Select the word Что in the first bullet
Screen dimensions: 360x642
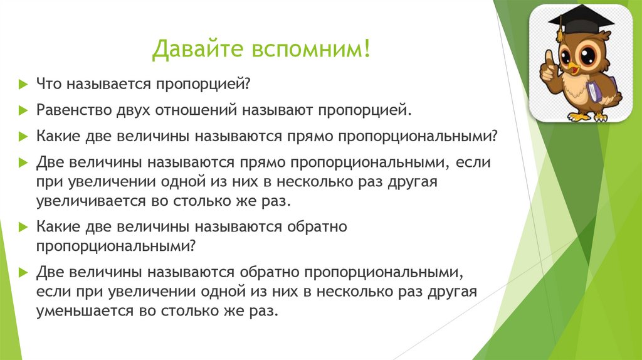[x=48, y=83]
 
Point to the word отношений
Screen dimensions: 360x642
[x=196, y=110]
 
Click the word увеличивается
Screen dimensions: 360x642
[x=88, y=202]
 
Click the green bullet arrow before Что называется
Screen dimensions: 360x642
[x=23, y=83]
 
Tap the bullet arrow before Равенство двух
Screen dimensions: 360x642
[x=23, y=110]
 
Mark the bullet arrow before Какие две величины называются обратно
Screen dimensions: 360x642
[x=23, y=226]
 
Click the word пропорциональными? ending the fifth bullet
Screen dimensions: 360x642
[x=117, y=246]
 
